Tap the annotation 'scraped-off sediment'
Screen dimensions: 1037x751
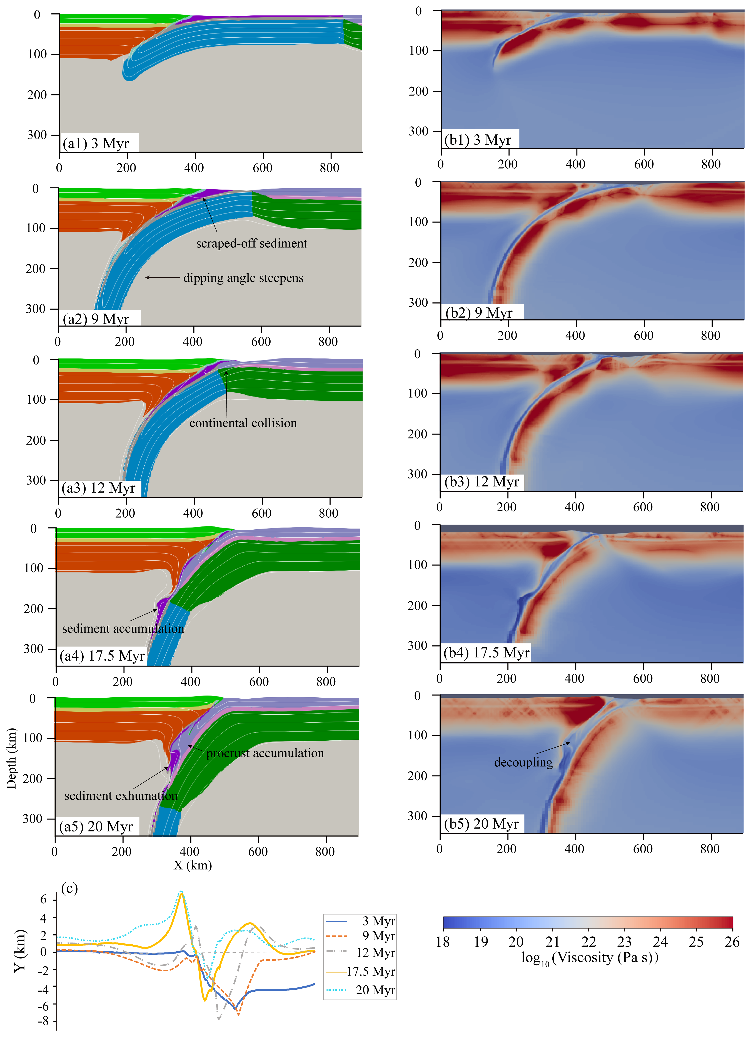(x=252, y=243)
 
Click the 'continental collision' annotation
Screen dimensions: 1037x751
(x=243, y=423)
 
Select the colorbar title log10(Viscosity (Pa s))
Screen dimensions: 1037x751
(x=589, y=958)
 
